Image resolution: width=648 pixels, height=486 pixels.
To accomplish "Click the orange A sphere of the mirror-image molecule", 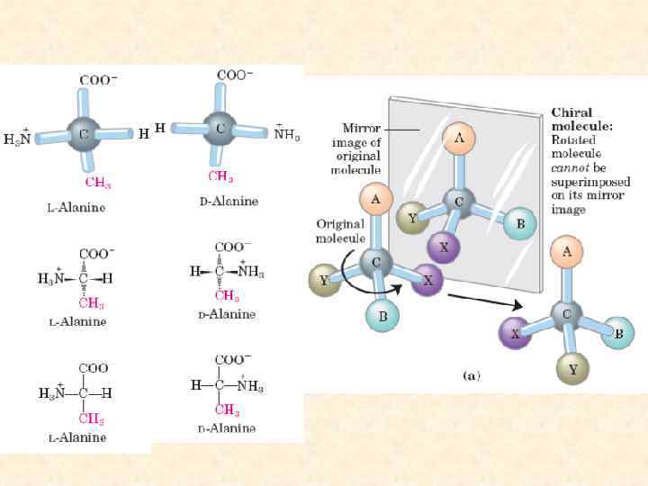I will point(459,139).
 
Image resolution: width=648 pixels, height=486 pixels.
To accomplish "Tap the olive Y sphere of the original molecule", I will point(323,280).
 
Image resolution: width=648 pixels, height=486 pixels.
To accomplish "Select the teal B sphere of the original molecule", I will point(382,315).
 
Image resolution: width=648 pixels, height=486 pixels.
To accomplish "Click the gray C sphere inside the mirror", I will point(458,202).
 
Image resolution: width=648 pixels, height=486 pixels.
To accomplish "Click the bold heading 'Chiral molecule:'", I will point(581,120).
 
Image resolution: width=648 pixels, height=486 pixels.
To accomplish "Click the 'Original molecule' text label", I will point(339,230).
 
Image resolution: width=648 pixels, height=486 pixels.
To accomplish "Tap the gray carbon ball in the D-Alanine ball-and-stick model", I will point(219,129).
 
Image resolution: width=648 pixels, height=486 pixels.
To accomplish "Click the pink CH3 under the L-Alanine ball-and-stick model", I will point(98,183).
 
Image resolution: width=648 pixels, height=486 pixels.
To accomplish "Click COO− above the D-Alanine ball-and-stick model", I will point(235,75).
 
